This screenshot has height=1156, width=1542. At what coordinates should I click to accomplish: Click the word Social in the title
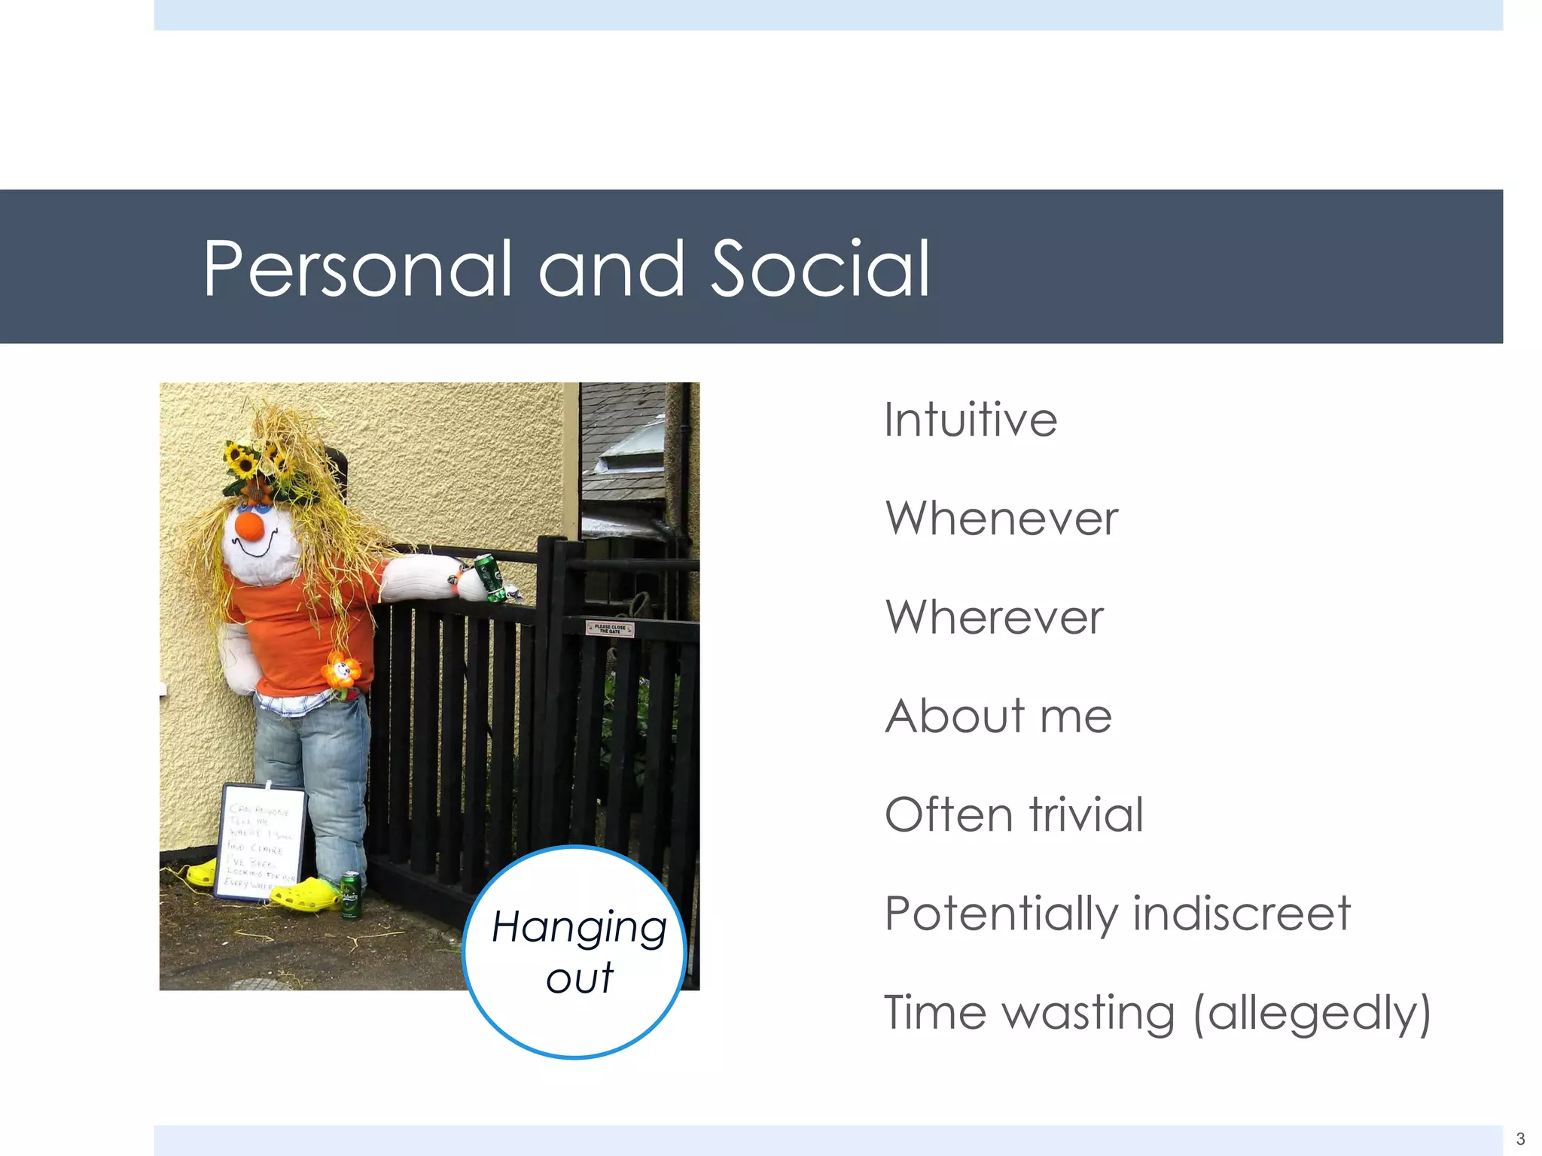click(x=820, y=269)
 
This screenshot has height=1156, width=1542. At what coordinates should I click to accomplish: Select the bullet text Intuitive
click(x=971, y=419)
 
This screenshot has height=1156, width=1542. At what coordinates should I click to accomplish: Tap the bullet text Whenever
click(x=1001, y=519)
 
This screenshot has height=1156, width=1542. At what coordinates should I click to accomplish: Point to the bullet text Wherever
click(x=994, y=617)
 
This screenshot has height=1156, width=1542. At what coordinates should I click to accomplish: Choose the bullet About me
click(x=998, y=716)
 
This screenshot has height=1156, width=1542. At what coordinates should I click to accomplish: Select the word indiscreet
click(x=1242, y=914)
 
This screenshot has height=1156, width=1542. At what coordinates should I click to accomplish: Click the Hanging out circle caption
click(x=578, y=952)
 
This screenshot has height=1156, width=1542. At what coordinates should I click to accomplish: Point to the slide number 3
click(x=1520, y=1139)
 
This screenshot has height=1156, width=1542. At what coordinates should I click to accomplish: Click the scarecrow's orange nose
click(x=249, y=525)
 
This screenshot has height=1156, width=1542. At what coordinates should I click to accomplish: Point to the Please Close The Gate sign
click(x=609, y=628)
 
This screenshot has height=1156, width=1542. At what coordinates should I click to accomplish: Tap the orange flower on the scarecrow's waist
click(x=341, y=670)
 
